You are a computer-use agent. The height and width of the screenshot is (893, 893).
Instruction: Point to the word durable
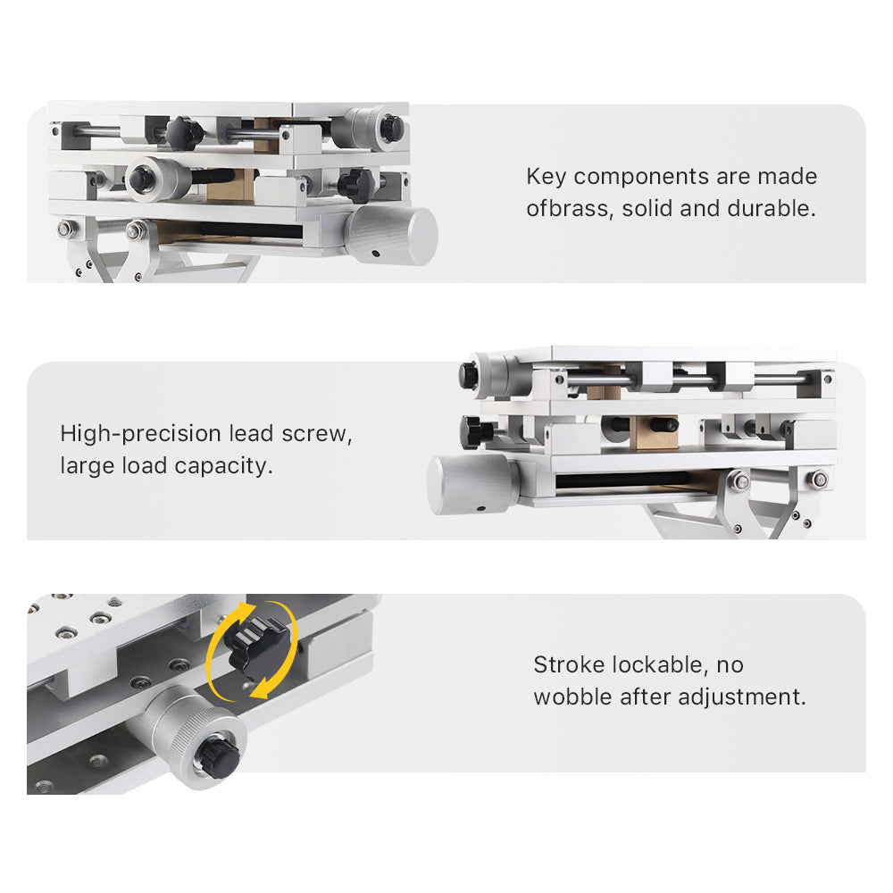click(771, 210)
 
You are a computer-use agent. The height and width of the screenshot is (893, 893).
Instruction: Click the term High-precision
click(140, 435)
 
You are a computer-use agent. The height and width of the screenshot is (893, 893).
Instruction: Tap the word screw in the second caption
click(317, 435)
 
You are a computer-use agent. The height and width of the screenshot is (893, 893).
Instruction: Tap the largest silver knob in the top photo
click(392, 235)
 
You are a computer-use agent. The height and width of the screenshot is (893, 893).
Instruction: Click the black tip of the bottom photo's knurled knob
click(218, 757)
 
